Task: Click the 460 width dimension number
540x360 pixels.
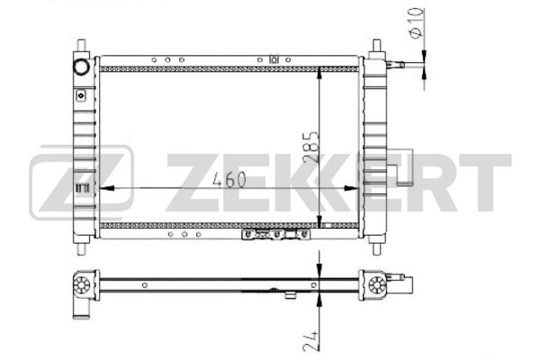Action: click(229, 179)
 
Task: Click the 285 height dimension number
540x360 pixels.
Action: click(311, 147)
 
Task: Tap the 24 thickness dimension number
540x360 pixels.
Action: click(310, 341)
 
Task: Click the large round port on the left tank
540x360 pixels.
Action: click(82, 67)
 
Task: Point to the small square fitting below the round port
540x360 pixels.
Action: click(81, 95)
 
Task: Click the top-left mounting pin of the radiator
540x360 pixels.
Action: click(81, 46)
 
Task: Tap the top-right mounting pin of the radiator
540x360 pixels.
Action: click(377, 46)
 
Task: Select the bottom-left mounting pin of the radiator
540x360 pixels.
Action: click(81, 248)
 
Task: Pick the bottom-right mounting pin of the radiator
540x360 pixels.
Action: click(377, 248)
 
